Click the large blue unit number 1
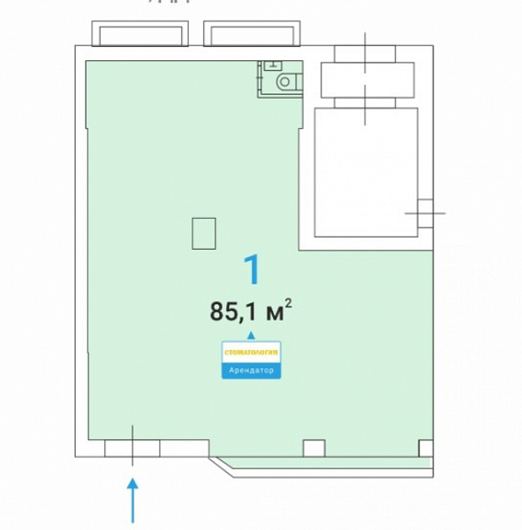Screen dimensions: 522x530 point(253,269)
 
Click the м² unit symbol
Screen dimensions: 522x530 point(278,310)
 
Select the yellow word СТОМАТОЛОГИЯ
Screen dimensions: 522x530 point(251,352)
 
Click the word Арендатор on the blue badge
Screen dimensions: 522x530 point(251,370)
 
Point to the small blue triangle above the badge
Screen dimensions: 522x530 point(251,335)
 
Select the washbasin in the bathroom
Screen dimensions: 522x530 point(273,64)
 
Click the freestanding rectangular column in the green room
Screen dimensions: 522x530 point(204,233)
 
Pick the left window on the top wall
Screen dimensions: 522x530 point(140,34)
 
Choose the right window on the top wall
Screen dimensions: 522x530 point(252,34)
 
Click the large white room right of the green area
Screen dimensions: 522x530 point(367,172)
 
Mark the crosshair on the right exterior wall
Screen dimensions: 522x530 point(426,213)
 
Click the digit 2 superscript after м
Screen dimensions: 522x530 point(288,303)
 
